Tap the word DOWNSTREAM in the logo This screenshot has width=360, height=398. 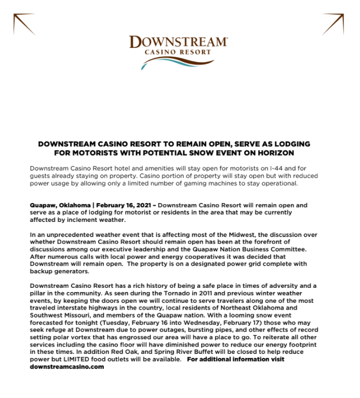point(178,42)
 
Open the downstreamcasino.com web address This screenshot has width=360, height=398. point(67,367)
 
